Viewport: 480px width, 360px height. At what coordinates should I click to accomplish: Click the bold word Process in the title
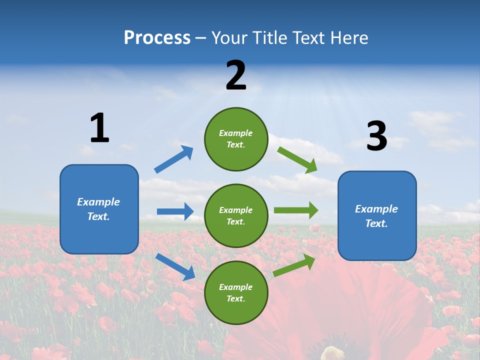point(157,38)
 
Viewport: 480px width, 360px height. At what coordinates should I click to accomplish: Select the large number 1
point(99,128)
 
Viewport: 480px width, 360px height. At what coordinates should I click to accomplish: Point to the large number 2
point(236,75)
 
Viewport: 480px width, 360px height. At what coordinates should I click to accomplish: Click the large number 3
point(376,136)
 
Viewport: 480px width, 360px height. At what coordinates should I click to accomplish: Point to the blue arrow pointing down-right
point(175,266)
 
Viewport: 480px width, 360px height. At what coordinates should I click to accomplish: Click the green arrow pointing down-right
point(297,159)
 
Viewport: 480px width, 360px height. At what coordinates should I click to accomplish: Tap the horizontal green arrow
point(295,210)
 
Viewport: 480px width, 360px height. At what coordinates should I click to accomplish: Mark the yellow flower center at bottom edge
point(333,353)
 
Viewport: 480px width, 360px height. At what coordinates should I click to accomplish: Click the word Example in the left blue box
point(98,202)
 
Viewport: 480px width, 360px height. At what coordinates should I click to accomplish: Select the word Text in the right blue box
point(376,223)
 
